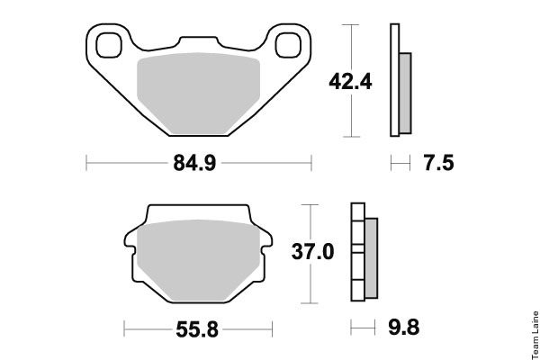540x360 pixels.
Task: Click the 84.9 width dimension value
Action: click(x=194, y=163)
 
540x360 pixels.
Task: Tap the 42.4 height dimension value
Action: click(x=350, y=82)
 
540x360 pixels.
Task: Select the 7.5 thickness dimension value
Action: click(x=439, y=163)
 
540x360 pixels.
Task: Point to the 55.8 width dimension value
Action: click(x=197, y=329)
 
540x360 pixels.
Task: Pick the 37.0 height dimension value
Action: click(x=312, y=251)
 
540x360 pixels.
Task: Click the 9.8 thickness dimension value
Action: click(x=403, y=328)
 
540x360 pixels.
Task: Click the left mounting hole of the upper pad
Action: click(x=109, y=45)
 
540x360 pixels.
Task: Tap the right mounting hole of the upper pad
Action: click(x=288, y=45)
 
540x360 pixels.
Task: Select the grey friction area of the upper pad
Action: click(x=198, y=93)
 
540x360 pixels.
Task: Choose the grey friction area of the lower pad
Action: click(x=198, y=260)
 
